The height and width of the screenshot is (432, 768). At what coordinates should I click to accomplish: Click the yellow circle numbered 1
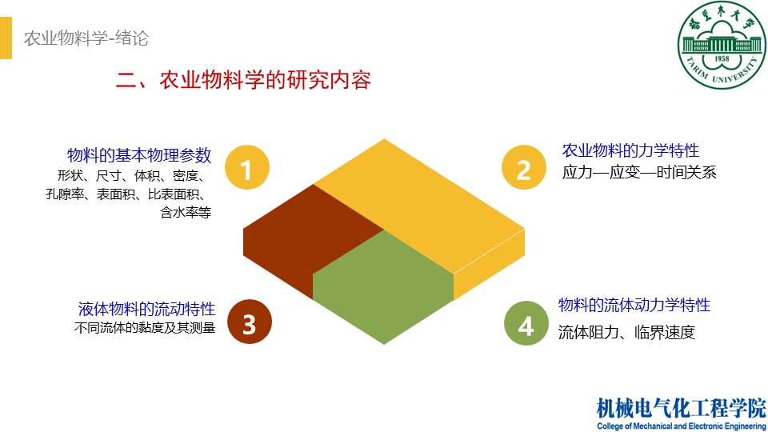click(x=246, y=170)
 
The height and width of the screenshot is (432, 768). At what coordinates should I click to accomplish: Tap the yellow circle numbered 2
click(x=524, y=170)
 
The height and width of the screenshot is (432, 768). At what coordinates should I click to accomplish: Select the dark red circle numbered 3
click(x=249, y=324)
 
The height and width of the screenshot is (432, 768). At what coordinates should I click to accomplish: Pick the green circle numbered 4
click(x=526, y=325)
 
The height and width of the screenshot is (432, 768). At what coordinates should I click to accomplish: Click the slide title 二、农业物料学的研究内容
click(x=244, y=80)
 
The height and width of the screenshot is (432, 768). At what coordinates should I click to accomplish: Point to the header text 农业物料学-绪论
click(x=86, y=38)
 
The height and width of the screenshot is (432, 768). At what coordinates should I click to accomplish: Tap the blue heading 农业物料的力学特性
click(x=630, y=150)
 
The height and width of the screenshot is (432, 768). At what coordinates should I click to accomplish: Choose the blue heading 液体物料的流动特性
click(x=146, y=309)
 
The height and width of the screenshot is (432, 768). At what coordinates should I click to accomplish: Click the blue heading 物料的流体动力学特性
click(x=634, y=305)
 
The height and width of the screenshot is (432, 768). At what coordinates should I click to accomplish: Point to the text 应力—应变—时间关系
click(x=639, y=172)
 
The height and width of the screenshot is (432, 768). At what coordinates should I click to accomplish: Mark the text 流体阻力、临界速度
click(x=626, y=332)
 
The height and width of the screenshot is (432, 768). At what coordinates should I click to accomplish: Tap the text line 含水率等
click(x=185, y=213)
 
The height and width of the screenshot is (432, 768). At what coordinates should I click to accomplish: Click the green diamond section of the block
click(x=384, y=284)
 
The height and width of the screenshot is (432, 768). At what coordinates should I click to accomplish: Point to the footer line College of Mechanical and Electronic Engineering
click(x=681, y=426)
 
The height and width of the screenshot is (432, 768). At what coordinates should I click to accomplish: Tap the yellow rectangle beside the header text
click(x=6, y=38)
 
